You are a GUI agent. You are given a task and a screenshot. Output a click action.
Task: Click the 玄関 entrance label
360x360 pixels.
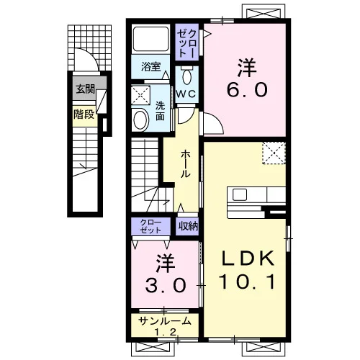(x=86, y=89)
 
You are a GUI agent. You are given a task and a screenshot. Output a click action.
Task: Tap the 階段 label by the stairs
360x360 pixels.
(x=84, y=114)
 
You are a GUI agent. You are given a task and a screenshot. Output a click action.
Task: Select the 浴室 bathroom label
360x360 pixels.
(x=150, y=66)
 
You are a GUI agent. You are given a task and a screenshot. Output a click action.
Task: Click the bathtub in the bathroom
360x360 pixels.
(x=151, y=39)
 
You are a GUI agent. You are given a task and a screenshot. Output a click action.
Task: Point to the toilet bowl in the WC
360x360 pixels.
(x=186, y=76)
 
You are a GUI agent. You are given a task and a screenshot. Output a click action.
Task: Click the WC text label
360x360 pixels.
(x=186, y=94)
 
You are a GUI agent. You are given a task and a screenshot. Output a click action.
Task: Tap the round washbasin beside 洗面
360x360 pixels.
(x=140, y=120)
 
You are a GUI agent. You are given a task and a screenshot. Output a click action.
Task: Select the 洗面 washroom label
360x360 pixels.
(x=160, y=111)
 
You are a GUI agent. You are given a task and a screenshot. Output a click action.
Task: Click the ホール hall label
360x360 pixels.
(x=186, y=164)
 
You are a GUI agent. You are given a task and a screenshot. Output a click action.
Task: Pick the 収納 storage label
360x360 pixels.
(x=188, y=225)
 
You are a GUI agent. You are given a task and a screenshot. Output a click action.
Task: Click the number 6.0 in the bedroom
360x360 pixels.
(x=247, y=90)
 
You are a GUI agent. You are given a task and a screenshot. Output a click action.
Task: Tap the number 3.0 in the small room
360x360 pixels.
(x=166, y=285)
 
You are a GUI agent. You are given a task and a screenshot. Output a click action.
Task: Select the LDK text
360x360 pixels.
(x=248, y=258)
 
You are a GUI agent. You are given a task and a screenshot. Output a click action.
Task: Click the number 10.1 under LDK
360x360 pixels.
(x=247, y=282)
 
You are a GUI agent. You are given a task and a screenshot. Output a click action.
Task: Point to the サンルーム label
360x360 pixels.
(x=166, y=321)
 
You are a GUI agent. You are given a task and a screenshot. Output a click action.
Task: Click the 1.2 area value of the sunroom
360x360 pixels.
(x=166, y=332)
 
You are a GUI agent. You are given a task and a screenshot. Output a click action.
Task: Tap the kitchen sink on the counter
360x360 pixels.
(x=240, y=194)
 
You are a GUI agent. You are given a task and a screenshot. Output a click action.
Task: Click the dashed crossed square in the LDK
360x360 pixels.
(x=274, y=153)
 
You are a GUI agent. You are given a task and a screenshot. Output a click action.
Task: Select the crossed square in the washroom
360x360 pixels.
(x=141, y=95)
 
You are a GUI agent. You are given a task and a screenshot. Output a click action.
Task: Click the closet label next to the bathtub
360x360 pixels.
(x=186, y=42)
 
